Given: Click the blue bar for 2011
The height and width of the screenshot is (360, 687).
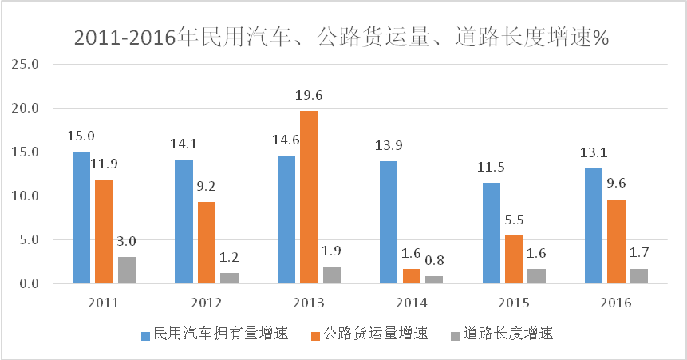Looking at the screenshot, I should click(x=81, y=217).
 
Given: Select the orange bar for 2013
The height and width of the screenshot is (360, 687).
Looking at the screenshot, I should click(x=309, y=197).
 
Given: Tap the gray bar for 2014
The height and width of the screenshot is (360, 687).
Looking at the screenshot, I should click(x=434, y=279).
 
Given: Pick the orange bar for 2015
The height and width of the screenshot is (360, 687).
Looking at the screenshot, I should click(x=514, y=259).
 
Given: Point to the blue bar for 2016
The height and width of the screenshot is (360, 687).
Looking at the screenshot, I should click(x=594, y=226).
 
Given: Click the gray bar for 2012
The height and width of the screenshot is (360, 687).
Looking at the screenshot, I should click(x=229, y=278).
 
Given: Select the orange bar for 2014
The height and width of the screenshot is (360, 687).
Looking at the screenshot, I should click(x=411, y=276).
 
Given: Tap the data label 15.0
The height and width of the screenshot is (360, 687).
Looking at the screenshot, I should click(x=81, y=137).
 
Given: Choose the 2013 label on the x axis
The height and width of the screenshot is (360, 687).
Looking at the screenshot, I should click(x=309, y=303).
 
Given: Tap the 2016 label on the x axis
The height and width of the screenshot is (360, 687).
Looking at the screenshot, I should click(x=616, y=303).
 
